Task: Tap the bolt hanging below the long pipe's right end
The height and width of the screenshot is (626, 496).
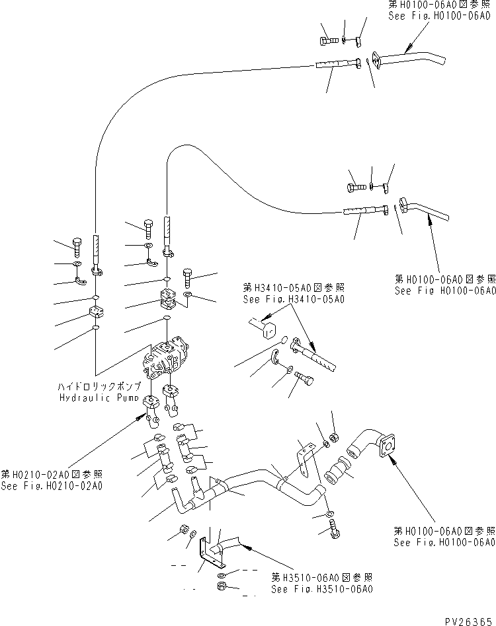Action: point(334,528)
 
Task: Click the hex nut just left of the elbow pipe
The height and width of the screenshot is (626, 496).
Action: point(334,436)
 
